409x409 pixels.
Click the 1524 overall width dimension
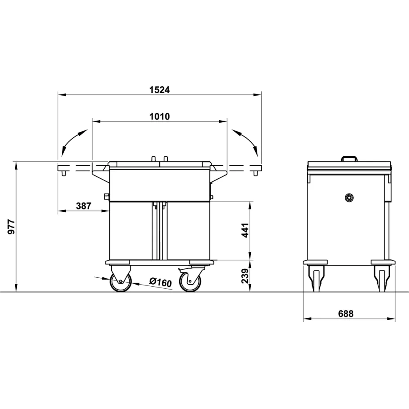[159, 90]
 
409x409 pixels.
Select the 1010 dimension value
[159, 117]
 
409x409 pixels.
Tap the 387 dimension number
[83, 206]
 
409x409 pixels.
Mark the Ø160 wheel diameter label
[160, 282]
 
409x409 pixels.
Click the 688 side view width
[346, 314]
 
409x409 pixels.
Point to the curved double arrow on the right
[245, 142]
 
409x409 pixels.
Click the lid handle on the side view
[349, 158]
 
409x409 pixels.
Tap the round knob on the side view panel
[348, 198]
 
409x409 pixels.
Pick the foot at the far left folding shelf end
[63, 173]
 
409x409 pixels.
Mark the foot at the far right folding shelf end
[256, 173]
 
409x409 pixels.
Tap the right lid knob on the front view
[166, 159]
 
